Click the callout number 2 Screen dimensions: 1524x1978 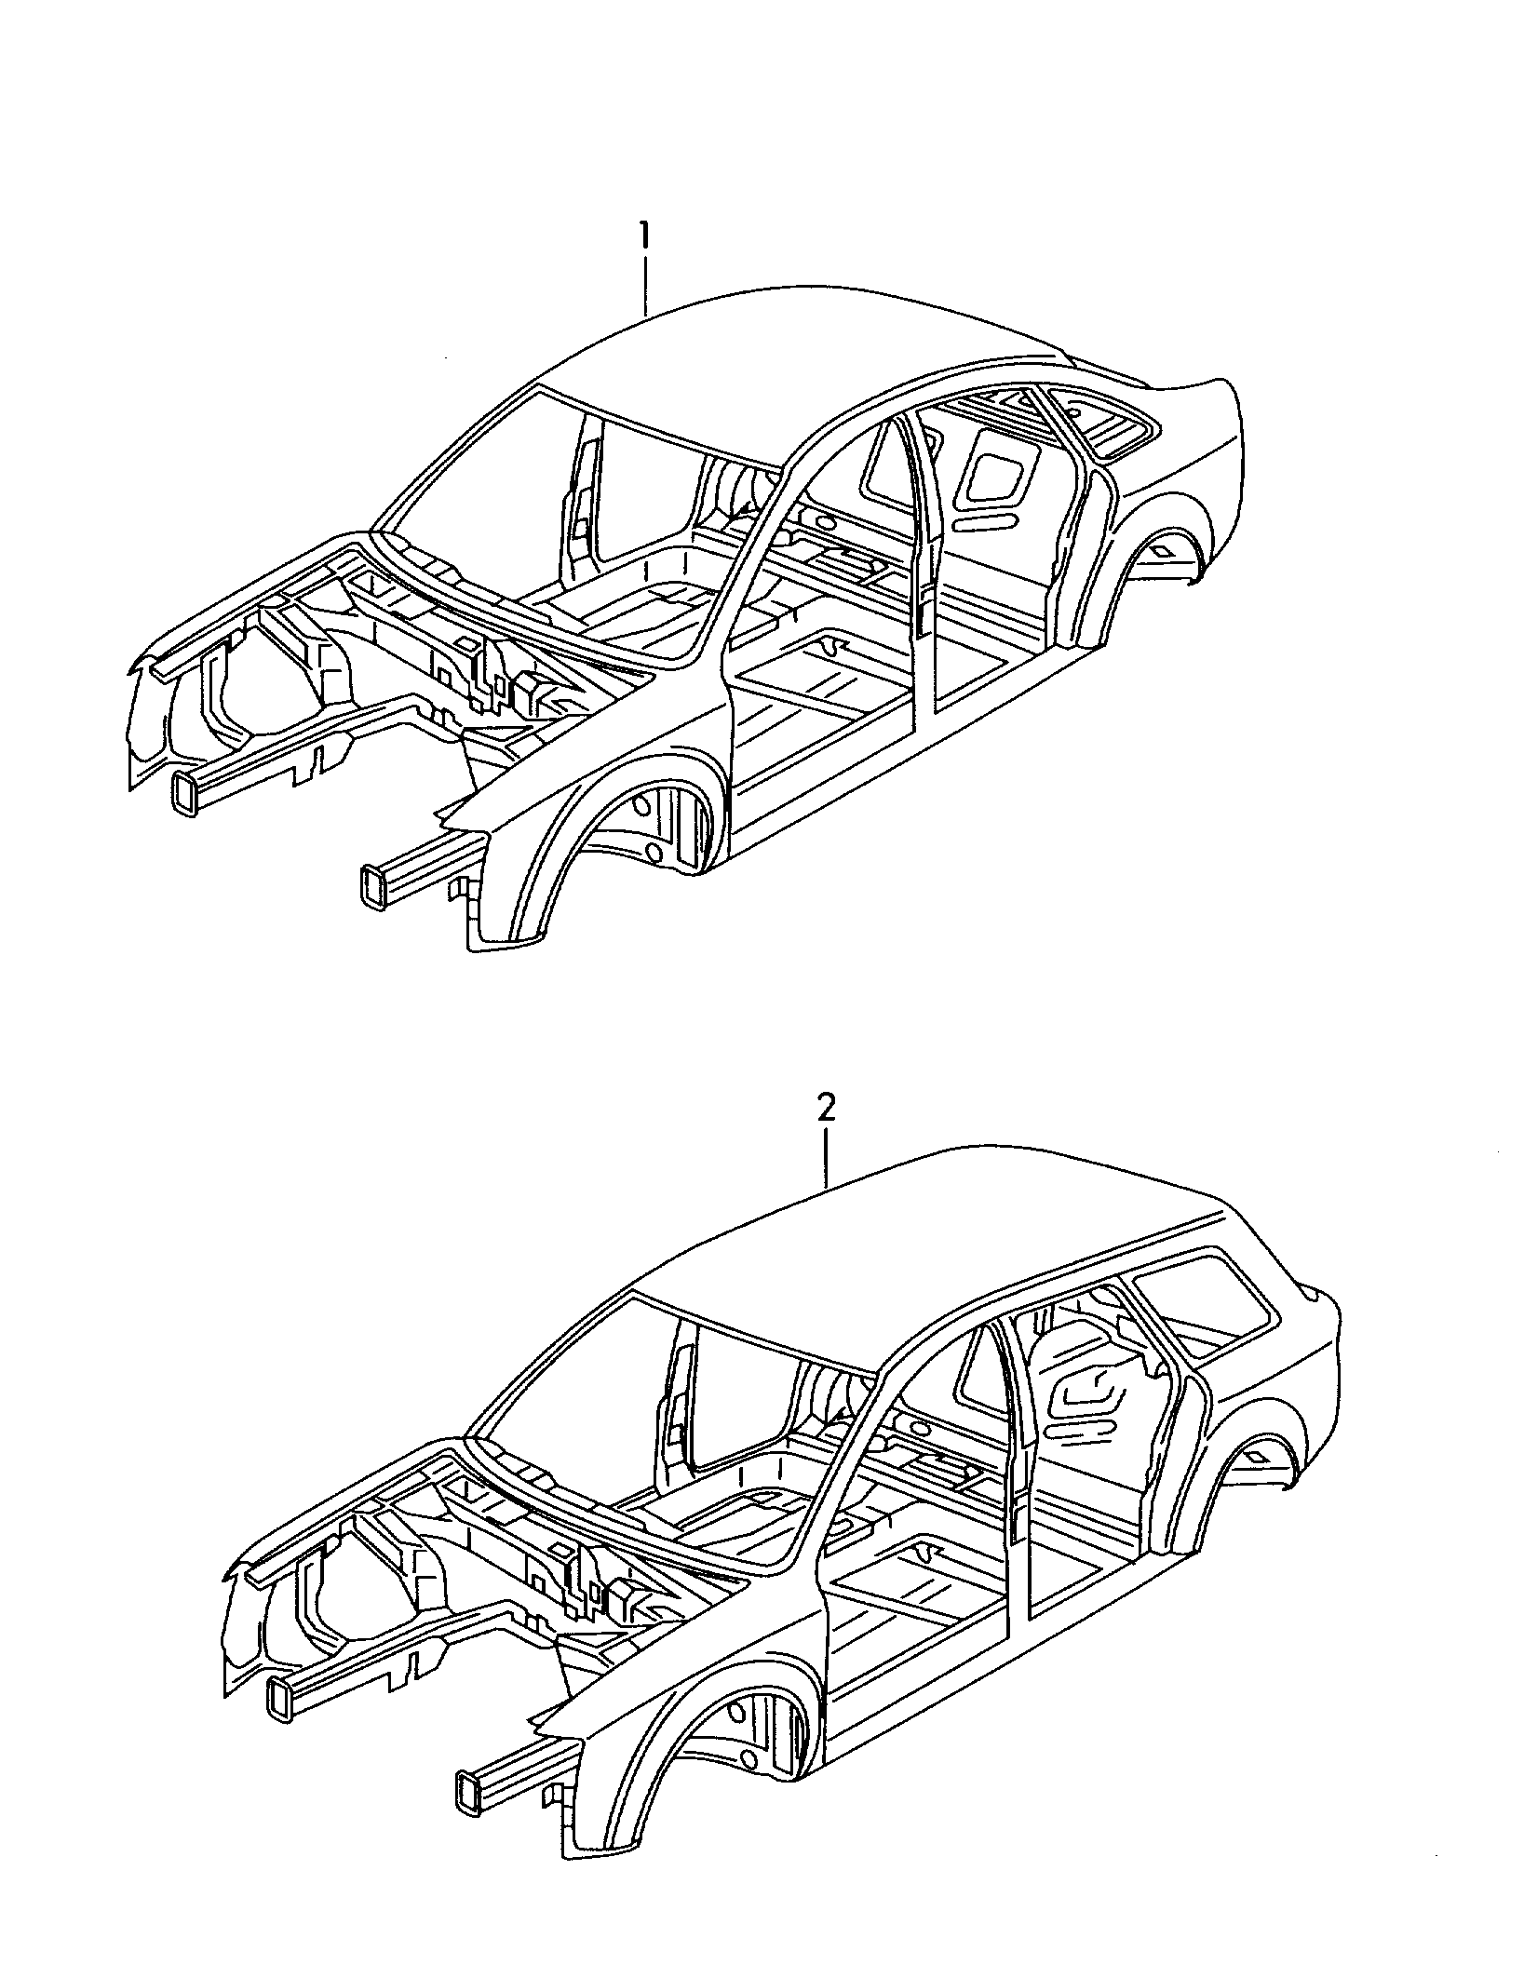point(826,1109)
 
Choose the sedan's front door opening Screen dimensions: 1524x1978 point(829,596)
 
